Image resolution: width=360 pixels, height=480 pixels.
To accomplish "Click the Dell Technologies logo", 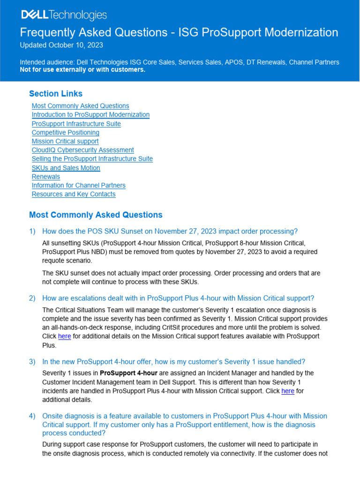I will click(64, 15).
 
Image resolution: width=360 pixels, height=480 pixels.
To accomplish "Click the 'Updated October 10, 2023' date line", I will click(61, 45).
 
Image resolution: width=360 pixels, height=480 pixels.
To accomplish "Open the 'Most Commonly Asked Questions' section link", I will click(80, 106).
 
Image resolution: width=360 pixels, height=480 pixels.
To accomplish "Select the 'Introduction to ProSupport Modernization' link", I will click(90, 115).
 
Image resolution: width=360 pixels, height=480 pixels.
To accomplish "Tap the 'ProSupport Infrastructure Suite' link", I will click(76, 124).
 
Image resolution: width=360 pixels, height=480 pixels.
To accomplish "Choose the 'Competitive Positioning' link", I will click(65, 133).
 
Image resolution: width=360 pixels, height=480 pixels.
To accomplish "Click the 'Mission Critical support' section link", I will click(65, 141).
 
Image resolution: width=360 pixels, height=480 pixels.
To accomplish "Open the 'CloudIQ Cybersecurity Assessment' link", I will click(82, 150).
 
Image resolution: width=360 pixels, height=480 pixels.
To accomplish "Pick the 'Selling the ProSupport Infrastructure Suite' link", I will click(92, 159).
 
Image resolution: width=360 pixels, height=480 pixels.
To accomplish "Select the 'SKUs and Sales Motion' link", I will click(66, 168).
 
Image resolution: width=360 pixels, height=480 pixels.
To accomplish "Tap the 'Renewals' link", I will click(45, 177).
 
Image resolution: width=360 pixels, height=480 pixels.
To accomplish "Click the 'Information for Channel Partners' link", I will click(78, 186).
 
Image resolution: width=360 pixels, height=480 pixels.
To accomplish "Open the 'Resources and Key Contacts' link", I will click(73, 194).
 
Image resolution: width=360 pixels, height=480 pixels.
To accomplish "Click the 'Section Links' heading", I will click(55, 94).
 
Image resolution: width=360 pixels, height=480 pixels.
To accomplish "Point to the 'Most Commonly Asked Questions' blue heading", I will click(96, 215).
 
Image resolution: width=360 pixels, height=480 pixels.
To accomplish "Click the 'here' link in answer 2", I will click(64, 337).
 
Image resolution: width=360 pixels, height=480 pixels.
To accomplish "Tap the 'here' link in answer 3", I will click(287, 391).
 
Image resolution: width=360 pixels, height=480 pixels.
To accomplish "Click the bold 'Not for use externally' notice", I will click(82, 70).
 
